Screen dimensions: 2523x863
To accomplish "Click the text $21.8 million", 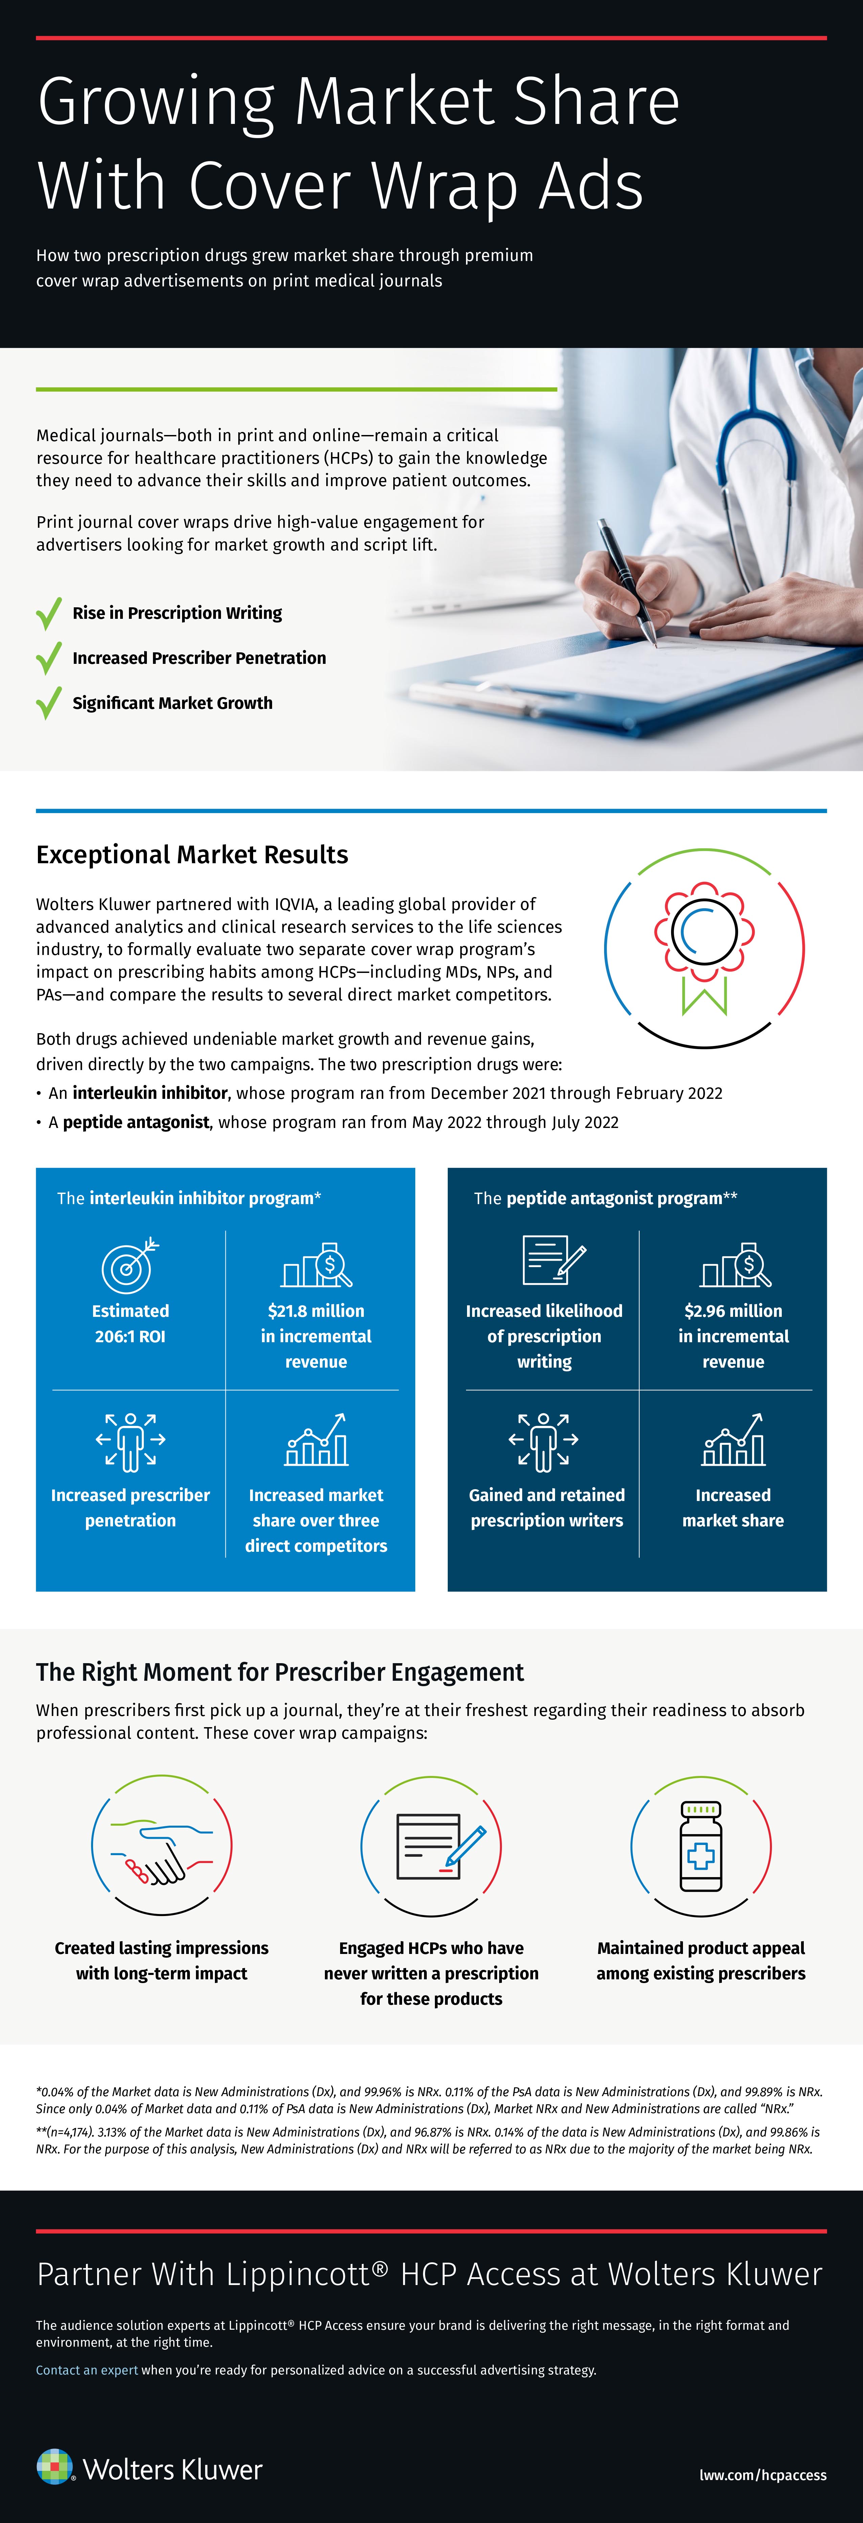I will pos(315,1310).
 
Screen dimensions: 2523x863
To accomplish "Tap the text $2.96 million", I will pos(733,1310).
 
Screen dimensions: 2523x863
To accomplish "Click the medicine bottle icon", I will pos(701,1846).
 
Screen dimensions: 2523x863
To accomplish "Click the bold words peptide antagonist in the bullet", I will pos(136,1123).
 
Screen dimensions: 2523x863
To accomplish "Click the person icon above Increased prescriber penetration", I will pos(130,1442).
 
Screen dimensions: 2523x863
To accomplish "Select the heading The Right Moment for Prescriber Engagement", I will pos(280,1672).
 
